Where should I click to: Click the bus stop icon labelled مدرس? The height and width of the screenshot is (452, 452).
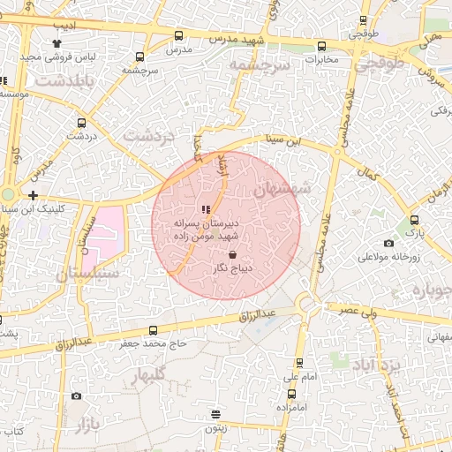[x=179, y=36]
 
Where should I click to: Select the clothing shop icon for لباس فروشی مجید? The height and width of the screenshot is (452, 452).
[x=57, y=42]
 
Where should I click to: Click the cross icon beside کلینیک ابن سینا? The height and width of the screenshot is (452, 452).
[x=33, y=195]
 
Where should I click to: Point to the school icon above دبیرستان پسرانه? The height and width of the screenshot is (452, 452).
[x=206, y=209]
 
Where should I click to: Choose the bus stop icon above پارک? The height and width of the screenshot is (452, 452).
[x=414, y=221]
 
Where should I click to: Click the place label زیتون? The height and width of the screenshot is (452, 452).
[x=216, y=426]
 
